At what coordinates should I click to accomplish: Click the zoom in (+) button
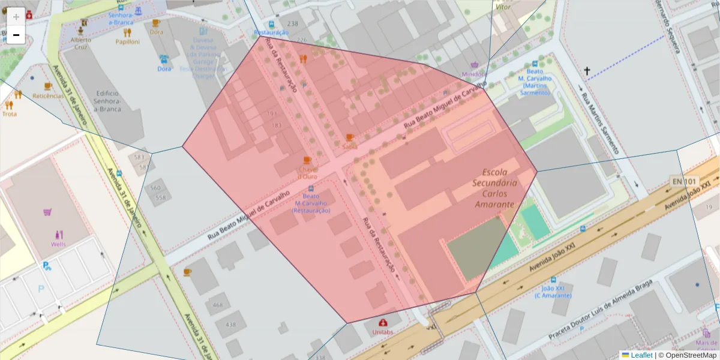16,17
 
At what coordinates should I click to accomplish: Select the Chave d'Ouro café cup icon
307,160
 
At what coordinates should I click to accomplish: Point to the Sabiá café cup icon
350,137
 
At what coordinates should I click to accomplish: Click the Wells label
58,244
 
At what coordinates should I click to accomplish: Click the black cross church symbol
587,71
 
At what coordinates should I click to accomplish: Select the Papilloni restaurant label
128,42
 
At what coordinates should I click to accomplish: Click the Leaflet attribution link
641,355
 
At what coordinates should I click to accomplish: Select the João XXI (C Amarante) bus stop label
553,292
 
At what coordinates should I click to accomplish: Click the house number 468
217,305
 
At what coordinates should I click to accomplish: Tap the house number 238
293,23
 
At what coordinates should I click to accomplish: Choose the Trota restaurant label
10,114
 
